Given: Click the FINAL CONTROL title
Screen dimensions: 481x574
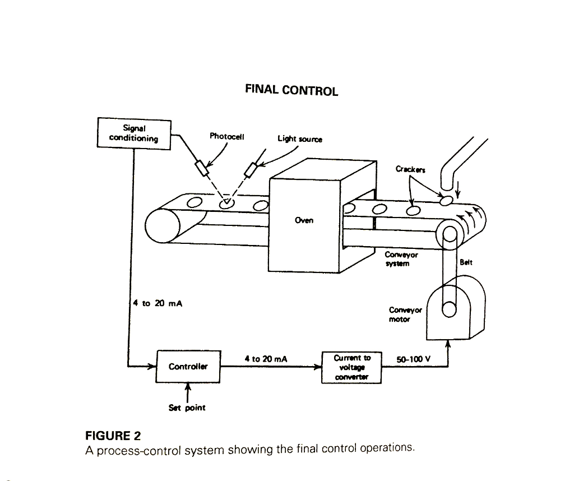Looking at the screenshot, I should point(291,90).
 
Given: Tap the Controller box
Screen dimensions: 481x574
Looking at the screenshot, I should point(188,367).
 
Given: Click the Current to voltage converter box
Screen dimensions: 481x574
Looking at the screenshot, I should point(351,367).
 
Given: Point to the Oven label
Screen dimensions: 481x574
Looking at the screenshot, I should point(304,220).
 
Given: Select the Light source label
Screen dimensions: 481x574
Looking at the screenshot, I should point(300,138).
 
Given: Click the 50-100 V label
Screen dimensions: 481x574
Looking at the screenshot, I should point(413,359).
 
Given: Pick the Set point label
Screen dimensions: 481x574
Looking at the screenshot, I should point(187,408).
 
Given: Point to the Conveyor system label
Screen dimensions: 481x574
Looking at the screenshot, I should point(401,259).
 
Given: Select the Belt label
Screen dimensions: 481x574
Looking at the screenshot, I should point(466,262).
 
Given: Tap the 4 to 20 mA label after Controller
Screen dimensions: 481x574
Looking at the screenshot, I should point(266,359).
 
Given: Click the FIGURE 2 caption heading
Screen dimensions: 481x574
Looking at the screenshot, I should point(113,436).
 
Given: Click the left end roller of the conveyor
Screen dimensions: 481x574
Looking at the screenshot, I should point(163,227).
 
